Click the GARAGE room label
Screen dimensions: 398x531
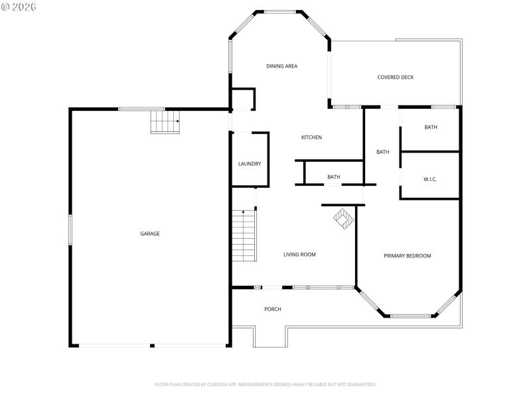point(149,233)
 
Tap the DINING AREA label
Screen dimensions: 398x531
point(281,66)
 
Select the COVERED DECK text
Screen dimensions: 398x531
point(395,78)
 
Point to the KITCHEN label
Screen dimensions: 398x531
point(311,138)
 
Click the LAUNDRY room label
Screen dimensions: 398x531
point(250,164)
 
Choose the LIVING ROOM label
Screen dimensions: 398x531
point(299,255)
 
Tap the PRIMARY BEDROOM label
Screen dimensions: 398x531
point(408,256)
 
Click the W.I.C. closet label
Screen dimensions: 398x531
point(430,180)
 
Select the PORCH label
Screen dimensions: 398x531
point(272,310)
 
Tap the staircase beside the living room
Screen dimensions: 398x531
point(244,235)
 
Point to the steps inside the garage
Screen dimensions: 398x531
point(165,121)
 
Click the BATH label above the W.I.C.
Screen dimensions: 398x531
point(431,127)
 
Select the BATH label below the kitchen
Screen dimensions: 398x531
point(333,177)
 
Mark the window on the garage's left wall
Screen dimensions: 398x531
point(70,230)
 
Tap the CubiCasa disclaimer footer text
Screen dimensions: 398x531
point(265,384)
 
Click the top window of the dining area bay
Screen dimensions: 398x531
point(280,11)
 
